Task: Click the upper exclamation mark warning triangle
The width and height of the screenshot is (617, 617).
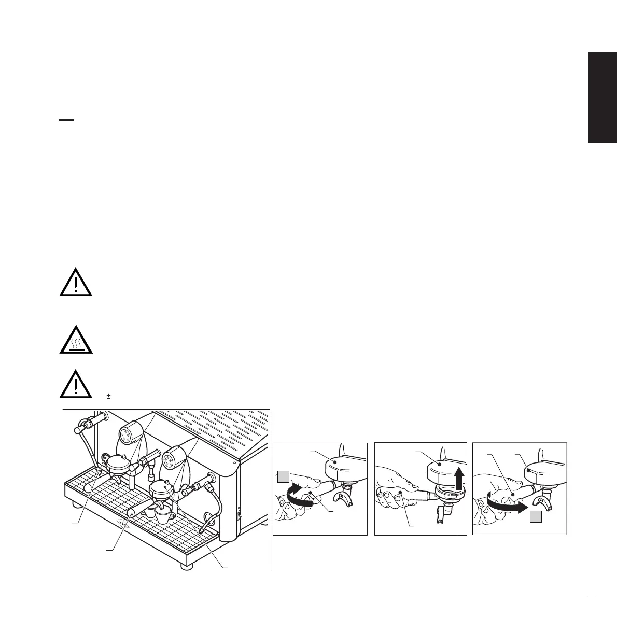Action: [76, 283]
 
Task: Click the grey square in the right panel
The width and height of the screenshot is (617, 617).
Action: [536, 516]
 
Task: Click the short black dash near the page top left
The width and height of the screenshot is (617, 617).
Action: [66, 120]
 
